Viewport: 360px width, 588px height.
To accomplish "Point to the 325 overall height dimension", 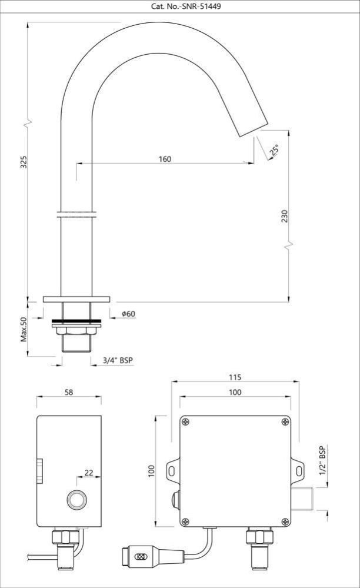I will click(24, 162).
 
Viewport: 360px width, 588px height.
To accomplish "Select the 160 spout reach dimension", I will click(165, 159).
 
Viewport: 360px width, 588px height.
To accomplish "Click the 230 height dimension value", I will click(285, 216).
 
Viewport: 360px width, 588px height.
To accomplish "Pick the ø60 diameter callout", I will click(128, 314).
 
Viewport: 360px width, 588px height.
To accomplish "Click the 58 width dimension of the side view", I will click(69, 393).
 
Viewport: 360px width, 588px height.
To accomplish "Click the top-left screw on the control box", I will click(186, 421).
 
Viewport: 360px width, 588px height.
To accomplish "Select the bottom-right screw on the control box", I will click(285, 520).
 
